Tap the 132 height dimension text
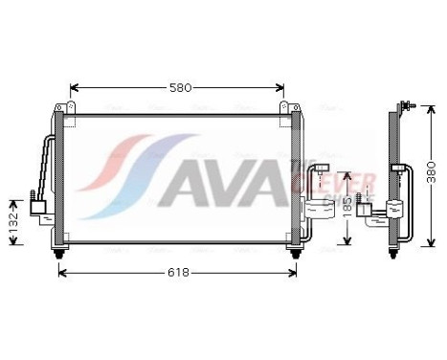[13, 222]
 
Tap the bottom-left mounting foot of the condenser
[62, 252]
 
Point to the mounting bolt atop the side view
[409, 103]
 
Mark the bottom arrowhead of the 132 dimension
[13, 243]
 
